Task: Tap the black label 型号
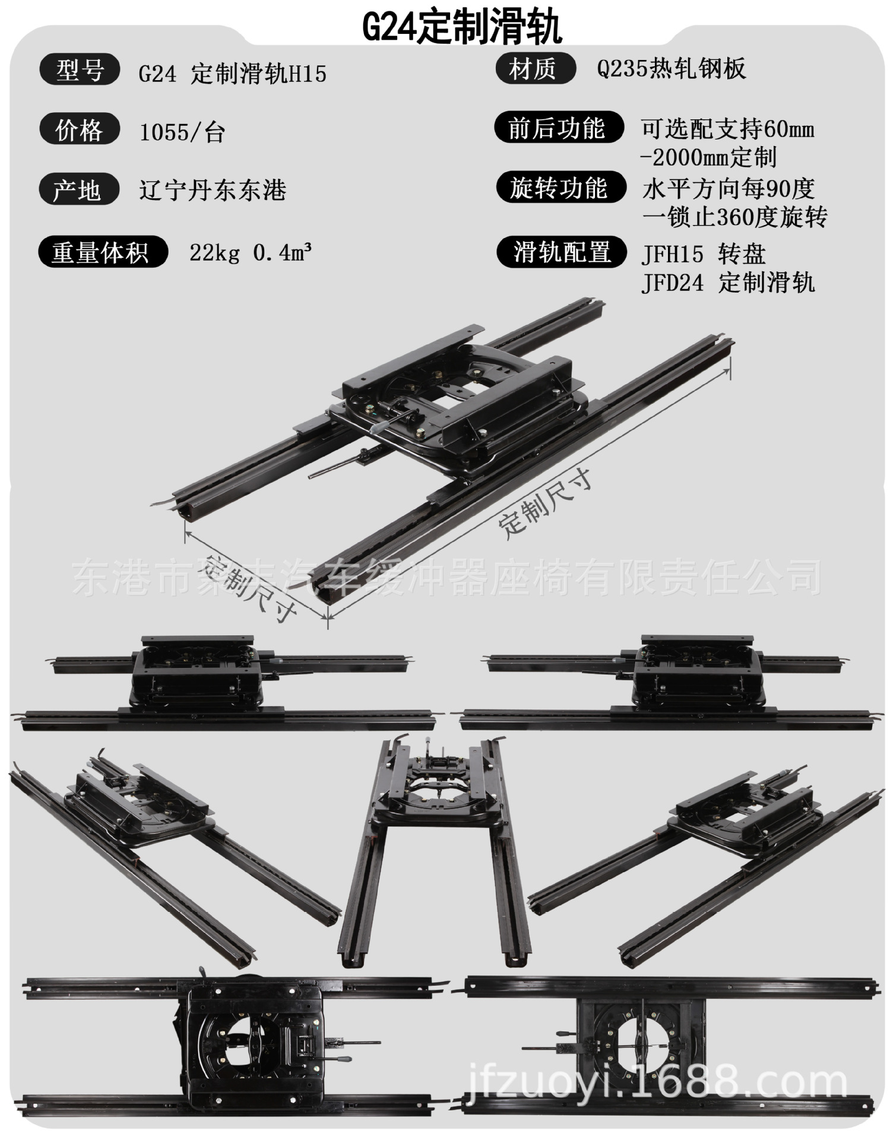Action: pyautogui.click(x=80, y=71)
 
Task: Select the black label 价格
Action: pyautogui.click(x=80, y=130)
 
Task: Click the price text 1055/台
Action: pyautogui.click(x=182, y=132)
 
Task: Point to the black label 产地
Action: pyautogui.click(x=78, y=190)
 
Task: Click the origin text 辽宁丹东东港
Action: pyautogui.click(x=213, y=191)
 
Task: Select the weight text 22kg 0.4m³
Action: pyautogui.click(x=251, y=253)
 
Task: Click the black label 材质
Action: pyautogui.click(x=534, y=69)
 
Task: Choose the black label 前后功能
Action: pyautogui.click(x=558, y=128)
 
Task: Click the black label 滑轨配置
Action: pyautogui.click(x=561, y=252)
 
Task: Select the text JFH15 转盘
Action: pyautogui.click(x=703, y=254)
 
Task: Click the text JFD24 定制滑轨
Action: pyautogui.click(x=728, y=283)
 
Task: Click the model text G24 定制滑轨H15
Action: pyautogui.click(x=232, y=74)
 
